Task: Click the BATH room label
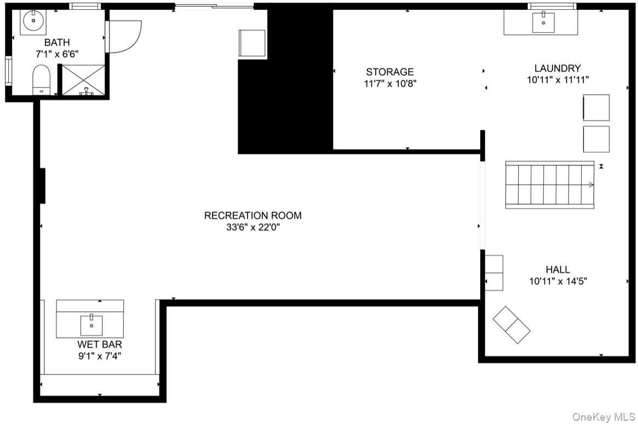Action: pos(57,42)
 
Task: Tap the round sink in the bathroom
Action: pos(33,20)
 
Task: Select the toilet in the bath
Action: pos(41,79)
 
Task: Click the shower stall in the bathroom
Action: pos(83,81)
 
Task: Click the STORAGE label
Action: pos(390,72)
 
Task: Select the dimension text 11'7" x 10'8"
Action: pos(390,84)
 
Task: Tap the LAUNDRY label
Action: pos(557,68)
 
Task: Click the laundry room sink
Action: pos(543,22)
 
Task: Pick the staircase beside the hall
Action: pos(550,185)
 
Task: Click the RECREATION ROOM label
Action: pos(252,215)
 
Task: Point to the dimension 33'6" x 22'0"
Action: pos(252,227)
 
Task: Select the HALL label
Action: pos(557,270)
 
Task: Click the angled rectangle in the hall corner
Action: pos(511,325)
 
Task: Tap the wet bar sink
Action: pos(91,325)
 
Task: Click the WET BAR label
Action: pos(100,344)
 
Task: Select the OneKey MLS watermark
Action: pos(603,417)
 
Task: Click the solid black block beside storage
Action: pos(285,79)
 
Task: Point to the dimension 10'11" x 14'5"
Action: pos(558,281)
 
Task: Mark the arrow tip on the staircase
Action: pos(593,185)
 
